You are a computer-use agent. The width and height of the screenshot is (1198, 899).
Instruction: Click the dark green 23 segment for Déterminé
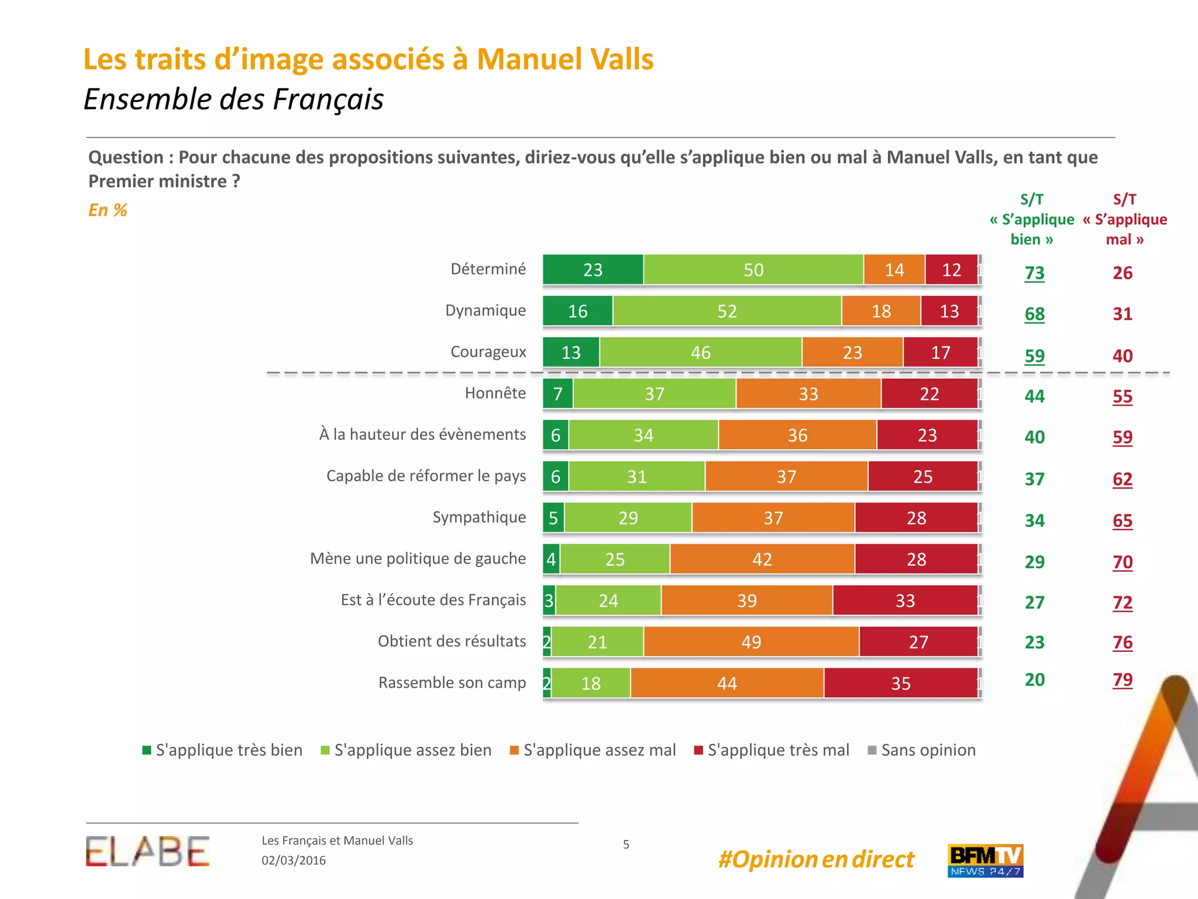593,270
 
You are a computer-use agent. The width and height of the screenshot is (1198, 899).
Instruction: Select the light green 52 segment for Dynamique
727,311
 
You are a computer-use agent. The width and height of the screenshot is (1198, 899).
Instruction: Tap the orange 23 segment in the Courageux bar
852,352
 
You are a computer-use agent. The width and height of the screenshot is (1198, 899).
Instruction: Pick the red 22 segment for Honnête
930,394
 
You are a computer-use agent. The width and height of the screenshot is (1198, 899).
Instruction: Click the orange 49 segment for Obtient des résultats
751,642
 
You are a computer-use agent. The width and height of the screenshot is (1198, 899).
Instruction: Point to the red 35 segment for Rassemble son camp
901,683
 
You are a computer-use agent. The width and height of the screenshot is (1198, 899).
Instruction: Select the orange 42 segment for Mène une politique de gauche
762,559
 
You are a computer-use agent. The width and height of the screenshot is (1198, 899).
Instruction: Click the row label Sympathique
479,517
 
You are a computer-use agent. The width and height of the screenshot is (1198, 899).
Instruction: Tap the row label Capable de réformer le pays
426,476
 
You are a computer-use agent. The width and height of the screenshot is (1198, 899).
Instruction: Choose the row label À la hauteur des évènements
422,434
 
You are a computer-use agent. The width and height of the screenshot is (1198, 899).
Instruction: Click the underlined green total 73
1034,273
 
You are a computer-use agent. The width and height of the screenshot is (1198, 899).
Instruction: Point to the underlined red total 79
1123,680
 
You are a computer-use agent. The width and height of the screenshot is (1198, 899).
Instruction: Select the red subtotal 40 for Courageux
1123,356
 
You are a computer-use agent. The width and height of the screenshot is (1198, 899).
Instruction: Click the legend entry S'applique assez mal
593,750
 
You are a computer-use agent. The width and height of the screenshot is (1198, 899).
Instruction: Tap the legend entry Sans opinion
922,750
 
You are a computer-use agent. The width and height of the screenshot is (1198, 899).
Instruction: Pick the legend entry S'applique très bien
222,750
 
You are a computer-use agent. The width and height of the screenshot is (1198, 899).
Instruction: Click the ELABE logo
147,852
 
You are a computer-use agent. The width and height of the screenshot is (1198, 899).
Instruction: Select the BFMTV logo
985,860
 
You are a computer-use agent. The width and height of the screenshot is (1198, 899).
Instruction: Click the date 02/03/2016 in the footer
294,860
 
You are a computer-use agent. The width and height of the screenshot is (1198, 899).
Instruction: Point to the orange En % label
108,210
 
